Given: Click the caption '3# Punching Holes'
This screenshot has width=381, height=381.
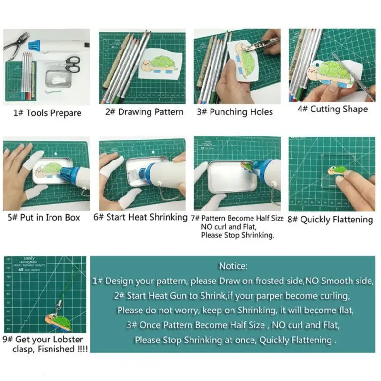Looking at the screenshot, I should click(235, 112).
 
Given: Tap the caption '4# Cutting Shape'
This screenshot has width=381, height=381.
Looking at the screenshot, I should click(332, 109).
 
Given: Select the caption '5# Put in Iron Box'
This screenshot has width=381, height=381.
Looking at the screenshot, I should click(44, 218).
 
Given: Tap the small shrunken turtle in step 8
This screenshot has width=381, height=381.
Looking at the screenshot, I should click(334, 170).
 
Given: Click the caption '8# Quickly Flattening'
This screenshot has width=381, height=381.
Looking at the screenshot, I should click(330, 220).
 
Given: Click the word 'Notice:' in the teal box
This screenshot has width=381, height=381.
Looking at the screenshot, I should click(233, 266).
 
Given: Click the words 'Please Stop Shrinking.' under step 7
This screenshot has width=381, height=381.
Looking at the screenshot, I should click(237, 235).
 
